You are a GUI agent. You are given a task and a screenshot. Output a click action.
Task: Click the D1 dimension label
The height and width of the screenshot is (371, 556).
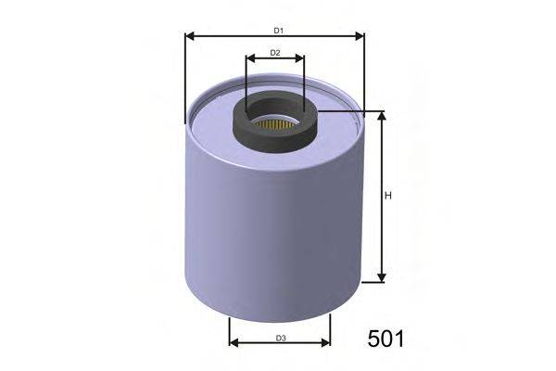[275, 30]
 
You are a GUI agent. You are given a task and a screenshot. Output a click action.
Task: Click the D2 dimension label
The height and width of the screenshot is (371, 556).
[275, 53]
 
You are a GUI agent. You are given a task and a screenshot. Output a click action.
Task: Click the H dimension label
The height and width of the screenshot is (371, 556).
[389, 196]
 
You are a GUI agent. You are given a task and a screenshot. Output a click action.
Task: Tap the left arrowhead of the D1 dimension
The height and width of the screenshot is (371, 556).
[190, 38]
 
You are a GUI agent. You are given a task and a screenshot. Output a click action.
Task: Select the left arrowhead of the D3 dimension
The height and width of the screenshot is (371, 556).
[234, 342]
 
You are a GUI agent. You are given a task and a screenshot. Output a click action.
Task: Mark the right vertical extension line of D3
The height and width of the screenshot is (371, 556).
[330, 329]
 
